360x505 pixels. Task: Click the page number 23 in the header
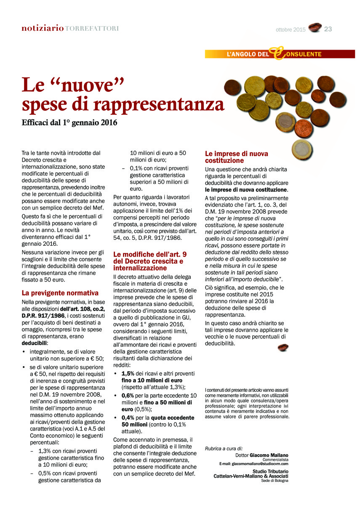coord(328,29)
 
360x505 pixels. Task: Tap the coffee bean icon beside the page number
coord(315,28)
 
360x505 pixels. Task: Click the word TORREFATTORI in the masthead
coord(92,29)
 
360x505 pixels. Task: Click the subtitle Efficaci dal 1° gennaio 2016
coord(69,123)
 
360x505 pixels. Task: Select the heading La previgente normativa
coord(60,293)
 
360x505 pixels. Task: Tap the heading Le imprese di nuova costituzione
coord(236,157)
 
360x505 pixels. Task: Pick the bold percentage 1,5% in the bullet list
coord(128,373)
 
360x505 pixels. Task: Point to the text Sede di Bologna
coord(275,481)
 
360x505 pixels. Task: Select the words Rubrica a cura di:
coord(224,449)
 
